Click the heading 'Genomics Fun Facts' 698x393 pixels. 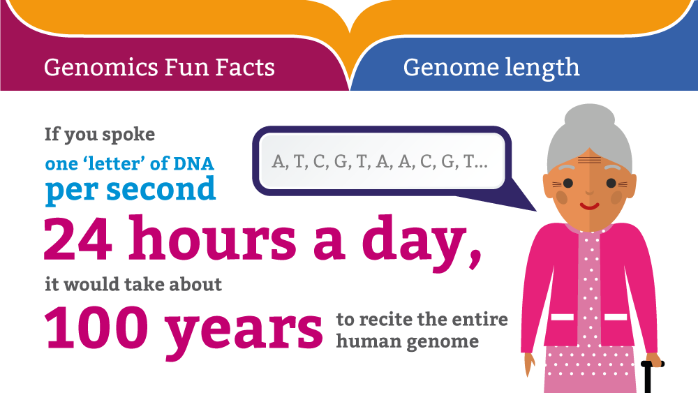point(159,68)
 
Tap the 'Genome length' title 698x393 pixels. point(491,68)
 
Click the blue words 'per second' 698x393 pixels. point(131,190)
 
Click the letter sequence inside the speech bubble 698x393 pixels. point(380,162)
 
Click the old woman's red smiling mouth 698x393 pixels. point(590,206)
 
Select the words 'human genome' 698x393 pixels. point(407,342)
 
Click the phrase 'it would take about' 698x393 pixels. point(133,284)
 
